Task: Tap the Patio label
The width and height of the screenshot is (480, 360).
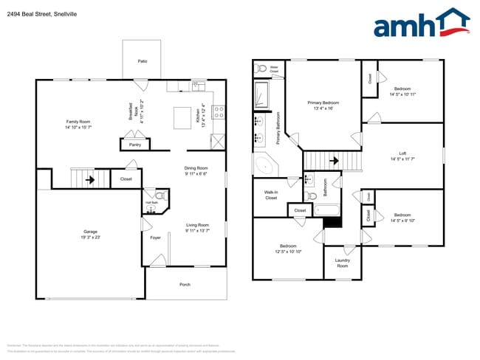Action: coord(141,62)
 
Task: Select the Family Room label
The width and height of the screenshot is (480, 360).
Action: coord(78,123)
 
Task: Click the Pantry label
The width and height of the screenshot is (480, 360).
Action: coord(134,145)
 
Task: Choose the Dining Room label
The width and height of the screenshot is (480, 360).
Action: coord(196,170)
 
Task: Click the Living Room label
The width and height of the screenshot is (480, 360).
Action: coord(196,227)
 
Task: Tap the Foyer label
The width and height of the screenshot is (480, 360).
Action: coord(155,238)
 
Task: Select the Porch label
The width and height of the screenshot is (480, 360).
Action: coord(185,284)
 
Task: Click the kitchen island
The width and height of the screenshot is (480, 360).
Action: coord(182,117)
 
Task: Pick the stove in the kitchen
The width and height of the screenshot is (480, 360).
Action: coord(219,112)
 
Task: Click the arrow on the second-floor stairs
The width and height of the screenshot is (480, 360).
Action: coord(333,159)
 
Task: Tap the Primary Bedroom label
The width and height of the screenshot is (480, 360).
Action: coord(323,105)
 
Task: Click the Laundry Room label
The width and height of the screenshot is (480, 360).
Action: coord(343,263)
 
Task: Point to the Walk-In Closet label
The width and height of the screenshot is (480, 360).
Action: coord(270,195)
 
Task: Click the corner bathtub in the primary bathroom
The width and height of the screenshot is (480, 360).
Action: coord(264,165)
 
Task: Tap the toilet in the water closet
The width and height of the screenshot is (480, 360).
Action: coord(261,69)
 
